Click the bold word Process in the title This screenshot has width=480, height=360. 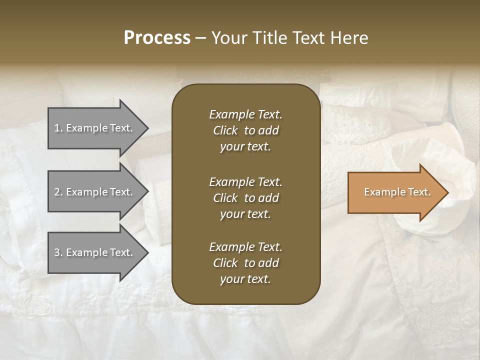click(x=157, y=37)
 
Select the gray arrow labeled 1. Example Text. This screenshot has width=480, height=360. click(x=95, y=128)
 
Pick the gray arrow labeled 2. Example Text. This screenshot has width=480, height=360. click(x=95, y=192)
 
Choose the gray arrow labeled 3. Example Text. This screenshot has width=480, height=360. click(x=95, y=252)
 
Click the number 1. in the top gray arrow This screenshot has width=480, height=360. click(x=58, y=128)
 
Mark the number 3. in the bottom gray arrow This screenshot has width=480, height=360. click(x=58, y=253)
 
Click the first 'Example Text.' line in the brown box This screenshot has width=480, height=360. click(x=245, y=114)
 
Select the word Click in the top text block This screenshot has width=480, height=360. click(x=225, y=130)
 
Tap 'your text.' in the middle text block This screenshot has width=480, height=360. click(x=245, y=214)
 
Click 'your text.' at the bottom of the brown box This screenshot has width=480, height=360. click(x=245, y=279)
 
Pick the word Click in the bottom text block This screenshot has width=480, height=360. click(x=225, y=263)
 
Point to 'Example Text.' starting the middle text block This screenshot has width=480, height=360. click(x=245, y=182)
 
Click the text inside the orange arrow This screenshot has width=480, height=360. click(x=397, y=192)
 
